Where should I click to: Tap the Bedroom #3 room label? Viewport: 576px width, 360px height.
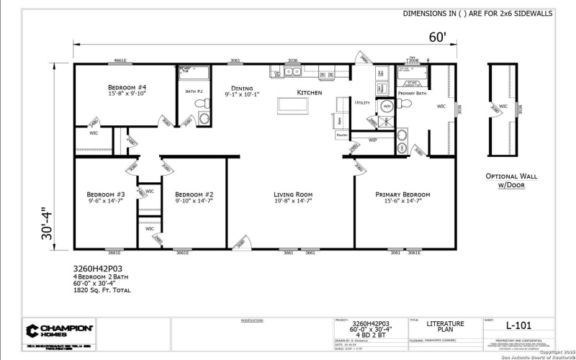(106, 194)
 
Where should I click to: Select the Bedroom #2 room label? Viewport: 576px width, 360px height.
(194, 194)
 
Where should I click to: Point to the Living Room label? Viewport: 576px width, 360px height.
(292, 194)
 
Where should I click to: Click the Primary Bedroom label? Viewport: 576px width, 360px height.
(402, 194)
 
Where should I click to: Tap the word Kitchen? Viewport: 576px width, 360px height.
(310, 93)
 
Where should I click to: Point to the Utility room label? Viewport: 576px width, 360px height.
(362, 103)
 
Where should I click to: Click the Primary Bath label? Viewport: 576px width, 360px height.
(412, 94)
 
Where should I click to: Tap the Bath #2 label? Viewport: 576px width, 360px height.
(194, 91)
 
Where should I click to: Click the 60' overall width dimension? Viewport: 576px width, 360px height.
(438, 37)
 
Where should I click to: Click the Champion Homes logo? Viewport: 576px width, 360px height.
(60, 330)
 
